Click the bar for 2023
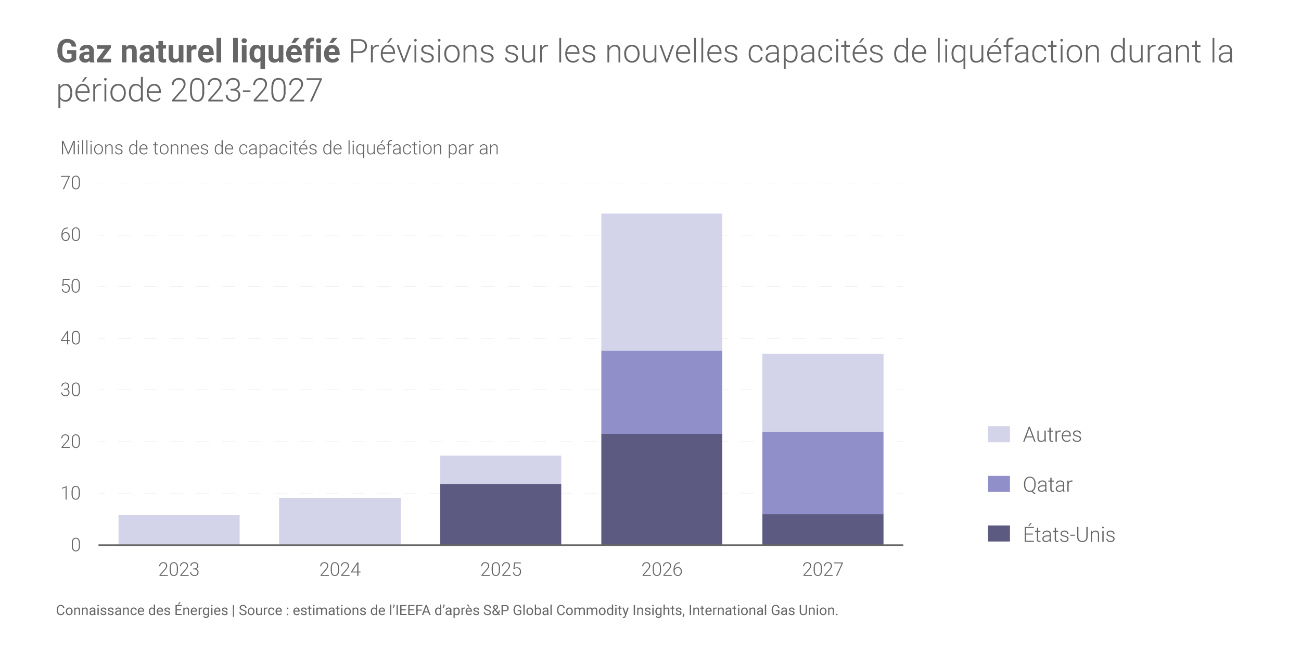point(179,530)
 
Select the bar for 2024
point(340,521)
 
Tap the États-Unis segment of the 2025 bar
point(501,514)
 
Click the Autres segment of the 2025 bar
point(501,470)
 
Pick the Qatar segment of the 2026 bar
point(661,392)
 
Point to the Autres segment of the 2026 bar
point(661,282)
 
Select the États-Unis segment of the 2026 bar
point(661,489)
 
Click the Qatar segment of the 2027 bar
point(823,473)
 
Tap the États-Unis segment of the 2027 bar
point(823,529)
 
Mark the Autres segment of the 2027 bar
point(823,393)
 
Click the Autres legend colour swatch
point(999,434)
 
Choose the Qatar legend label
point(1047,484)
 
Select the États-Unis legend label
point(1068,534)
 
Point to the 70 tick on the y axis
point(71,183)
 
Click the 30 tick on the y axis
point(71,390)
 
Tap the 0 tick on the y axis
point(76,545)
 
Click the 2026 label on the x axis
point(661,570)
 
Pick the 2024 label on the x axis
point(340,570)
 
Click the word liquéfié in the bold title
point(285,53)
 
